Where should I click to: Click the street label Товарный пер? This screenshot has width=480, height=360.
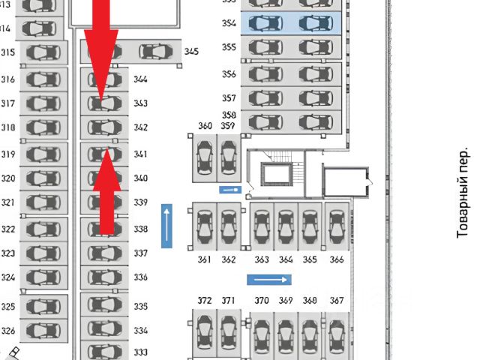point(464,193)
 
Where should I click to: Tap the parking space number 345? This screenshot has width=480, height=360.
point(191,52)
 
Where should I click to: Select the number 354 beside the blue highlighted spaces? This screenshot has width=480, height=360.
point(229,24)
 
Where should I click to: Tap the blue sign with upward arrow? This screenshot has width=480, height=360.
point(166,225)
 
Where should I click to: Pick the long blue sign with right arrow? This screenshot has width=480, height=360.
point(269,280)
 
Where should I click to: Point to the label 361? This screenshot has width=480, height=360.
point(204,259)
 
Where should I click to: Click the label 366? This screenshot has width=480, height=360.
point(337,259)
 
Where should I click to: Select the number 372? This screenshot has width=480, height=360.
point(204,301)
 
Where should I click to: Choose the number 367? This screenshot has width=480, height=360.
point(337,301)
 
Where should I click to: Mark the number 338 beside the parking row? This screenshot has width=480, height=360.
point(141,229)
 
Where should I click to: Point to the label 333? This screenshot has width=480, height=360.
point(141,352)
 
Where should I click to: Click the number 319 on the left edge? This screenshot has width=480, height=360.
point(8,154)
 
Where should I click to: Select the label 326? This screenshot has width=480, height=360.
point(8,330)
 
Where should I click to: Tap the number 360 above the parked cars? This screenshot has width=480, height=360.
point(205,125)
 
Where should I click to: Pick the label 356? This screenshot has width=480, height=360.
point(229,74)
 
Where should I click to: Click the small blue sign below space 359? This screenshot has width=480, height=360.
point(229,190)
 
